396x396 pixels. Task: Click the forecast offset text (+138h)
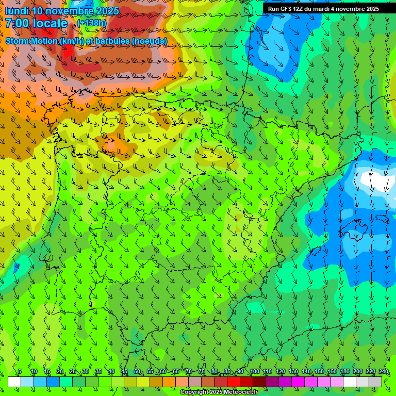[x=92, y=23]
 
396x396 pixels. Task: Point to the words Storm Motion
[x=31, y=41]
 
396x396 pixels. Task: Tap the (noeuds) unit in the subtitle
[x=150, y=41]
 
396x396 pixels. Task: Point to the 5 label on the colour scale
[x=20, y=372]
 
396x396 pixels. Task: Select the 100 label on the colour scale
[x=254, y=372]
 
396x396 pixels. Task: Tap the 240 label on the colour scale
[x=384, y=372]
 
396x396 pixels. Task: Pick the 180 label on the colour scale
[x=345, y=372]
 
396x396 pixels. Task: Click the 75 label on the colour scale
[x=202, y=372]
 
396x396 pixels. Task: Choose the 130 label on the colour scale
[x=293, y=372]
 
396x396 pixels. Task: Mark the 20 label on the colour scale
[x=60, y=372]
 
